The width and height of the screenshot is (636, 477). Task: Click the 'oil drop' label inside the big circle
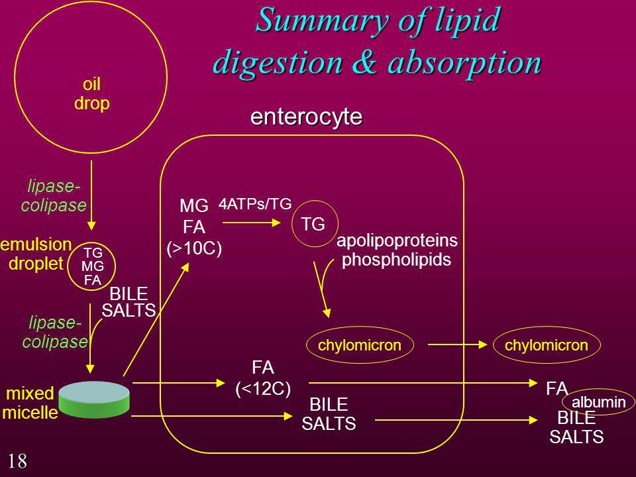tap(91, 93)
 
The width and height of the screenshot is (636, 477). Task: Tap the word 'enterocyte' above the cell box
tap(306, 117)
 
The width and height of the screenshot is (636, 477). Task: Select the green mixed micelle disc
tap(94, 399)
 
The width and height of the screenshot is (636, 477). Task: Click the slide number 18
tap(17, 461)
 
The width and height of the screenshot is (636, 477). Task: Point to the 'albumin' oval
tap(598, 402)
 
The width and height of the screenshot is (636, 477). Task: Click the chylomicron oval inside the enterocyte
tap(360, 345)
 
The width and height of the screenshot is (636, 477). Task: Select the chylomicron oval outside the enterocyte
tap(547, 345)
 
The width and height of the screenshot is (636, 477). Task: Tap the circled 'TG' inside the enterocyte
tap(315, 224)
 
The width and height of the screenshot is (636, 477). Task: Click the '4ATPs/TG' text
tap(255, 203)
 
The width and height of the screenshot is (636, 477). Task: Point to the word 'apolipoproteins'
tap(397, 240)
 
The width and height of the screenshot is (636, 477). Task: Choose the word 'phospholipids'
tap(396, 260)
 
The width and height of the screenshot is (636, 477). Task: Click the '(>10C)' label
tap(194, 248)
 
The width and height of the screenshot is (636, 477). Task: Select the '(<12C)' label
tap(263, 389)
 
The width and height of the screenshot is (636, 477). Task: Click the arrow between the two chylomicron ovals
tap(458, 344)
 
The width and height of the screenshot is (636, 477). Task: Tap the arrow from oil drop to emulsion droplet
tap(91, 195)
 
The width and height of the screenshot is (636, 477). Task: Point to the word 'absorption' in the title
tap(465, 63)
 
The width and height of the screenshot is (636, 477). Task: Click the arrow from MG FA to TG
tap(252, 223)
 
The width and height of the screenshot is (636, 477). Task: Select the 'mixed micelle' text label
tap(30, 403)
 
